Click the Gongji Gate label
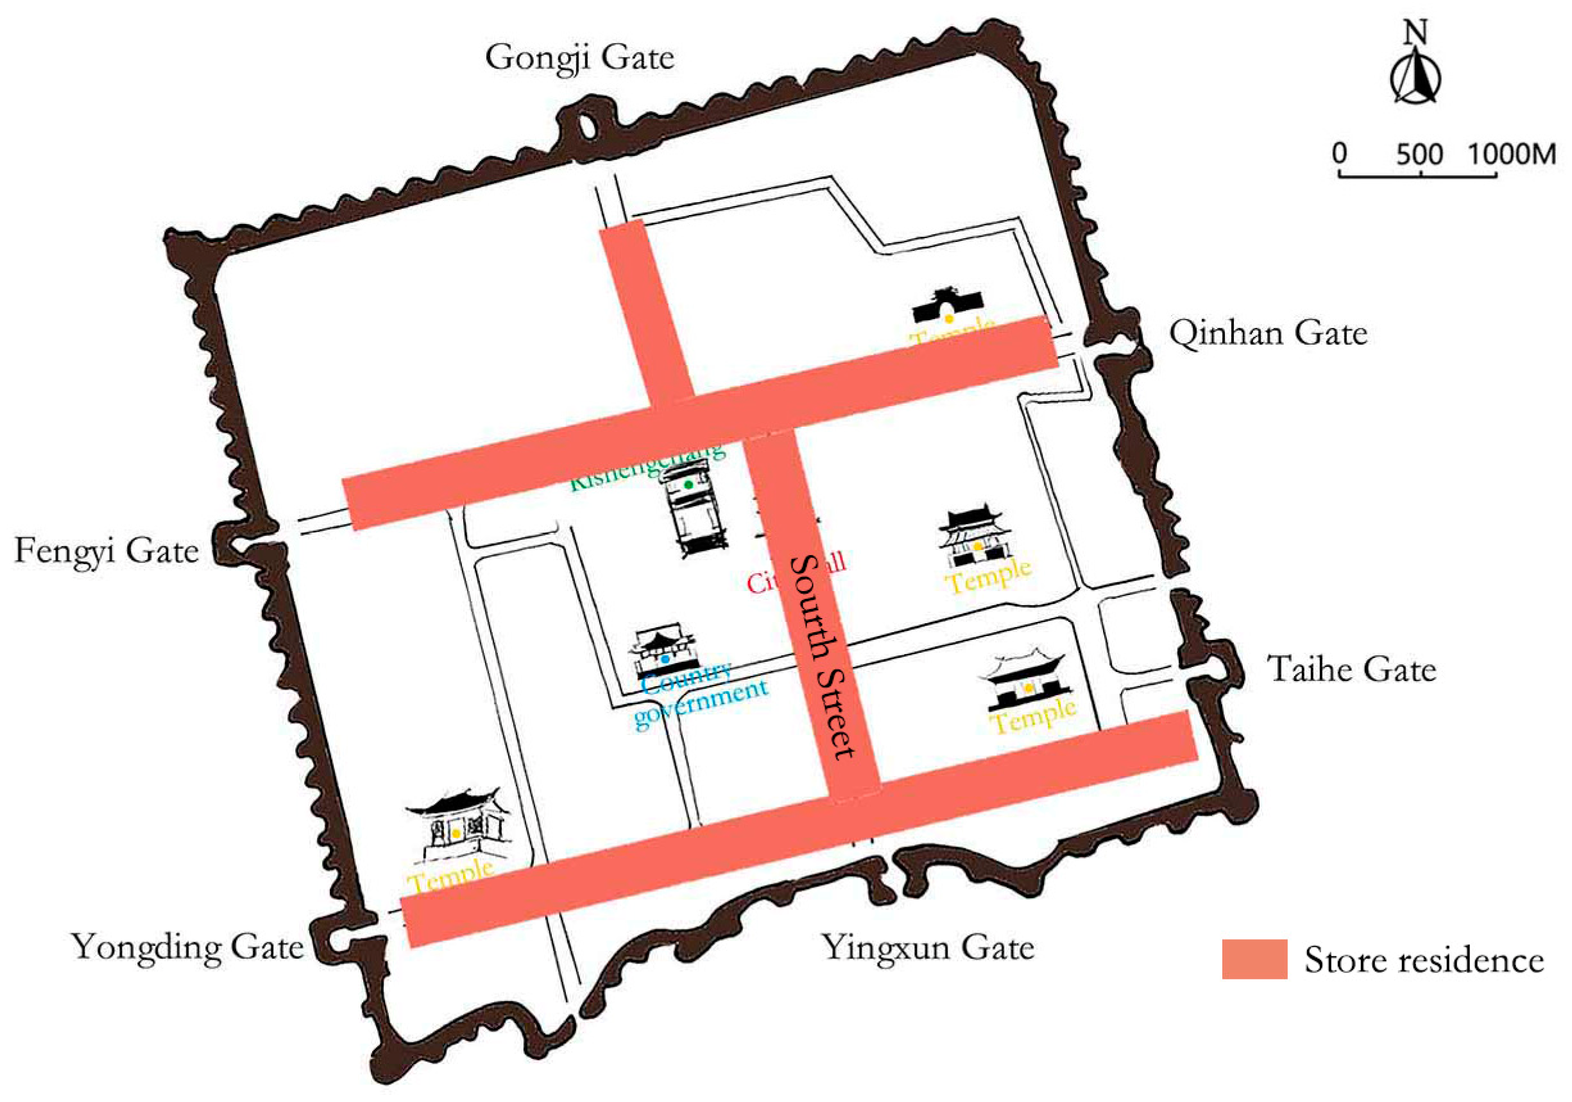(x=579, y=58)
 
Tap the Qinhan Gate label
(x=1268, y=334)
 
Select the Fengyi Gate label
(x=107, y=551)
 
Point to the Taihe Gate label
(x=1351, y=669)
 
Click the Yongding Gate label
(x=187, y=948)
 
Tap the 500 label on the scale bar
(x=1419, y=153)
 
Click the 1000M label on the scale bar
(x=1512, y=153)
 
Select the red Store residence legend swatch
(x=1254, y=959)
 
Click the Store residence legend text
(x=1424, y=960)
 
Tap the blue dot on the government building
(x=665, y=660)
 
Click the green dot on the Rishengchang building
(x=688, y=484)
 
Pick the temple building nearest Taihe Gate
(x=1025, y=682)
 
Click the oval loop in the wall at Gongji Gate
(x=586, y=126)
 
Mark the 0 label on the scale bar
(x=1339, y=153)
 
